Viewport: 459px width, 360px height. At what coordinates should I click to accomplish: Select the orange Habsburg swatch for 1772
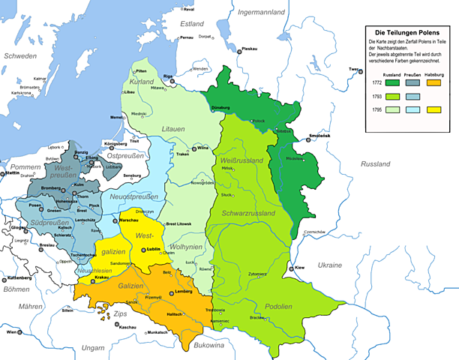(x=433, y=83)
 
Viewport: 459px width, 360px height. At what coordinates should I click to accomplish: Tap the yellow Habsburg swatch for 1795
(x=433, y=109)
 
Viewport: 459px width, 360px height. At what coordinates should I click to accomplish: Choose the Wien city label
(x=12, y=331)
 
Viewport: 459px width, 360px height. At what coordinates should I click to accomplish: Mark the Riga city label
(x=168, y=76)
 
